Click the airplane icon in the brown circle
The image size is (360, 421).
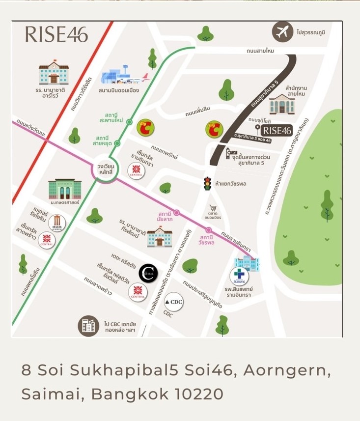(282, 32)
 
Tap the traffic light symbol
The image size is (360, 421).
(208, 183)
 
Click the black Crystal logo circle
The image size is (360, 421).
(148, 273)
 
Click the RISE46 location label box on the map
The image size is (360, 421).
(277, 130)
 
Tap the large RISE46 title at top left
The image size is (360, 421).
(56, 34)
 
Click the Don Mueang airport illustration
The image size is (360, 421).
(123, 76)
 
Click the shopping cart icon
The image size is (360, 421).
(213, 208)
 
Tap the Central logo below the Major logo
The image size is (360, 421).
(47, 240)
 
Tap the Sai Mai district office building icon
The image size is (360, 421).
(282, 104)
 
